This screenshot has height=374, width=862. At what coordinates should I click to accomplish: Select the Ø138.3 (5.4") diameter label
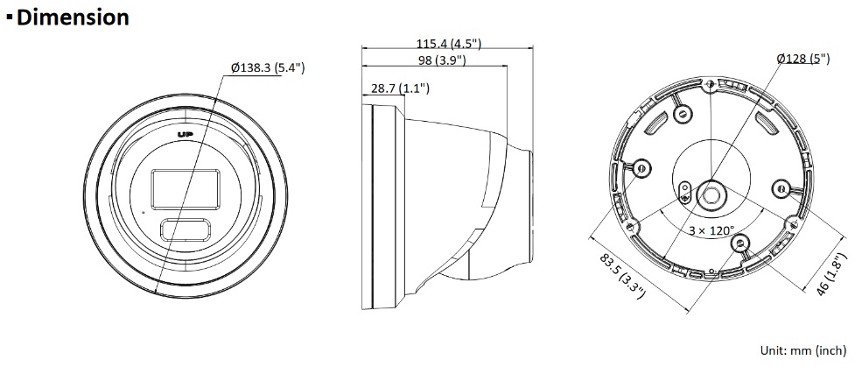pyautogui.click(x=268, y=67)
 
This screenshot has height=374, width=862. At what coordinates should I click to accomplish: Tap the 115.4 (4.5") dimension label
pyautogui.click(x=449, y=44)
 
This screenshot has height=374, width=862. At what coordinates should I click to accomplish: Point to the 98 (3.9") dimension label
pyautogui.click(x=441, y=60)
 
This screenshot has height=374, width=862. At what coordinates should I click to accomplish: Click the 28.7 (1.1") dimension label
pyautogui.click(x=400, y=88)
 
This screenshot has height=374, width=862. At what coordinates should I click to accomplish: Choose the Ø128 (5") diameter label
pyautogui.click(x=803, y=59)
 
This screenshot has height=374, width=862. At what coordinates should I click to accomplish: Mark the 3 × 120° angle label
pyautogui.click(x=712, y=230)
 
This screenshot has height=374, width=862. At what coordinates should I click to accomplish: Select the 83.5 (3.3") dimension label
pyautogui.click(x=622, y=276)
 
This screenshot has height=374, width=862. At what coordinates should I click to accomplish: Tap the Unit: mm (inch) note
pyautogui.click(x=803, y=350)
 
